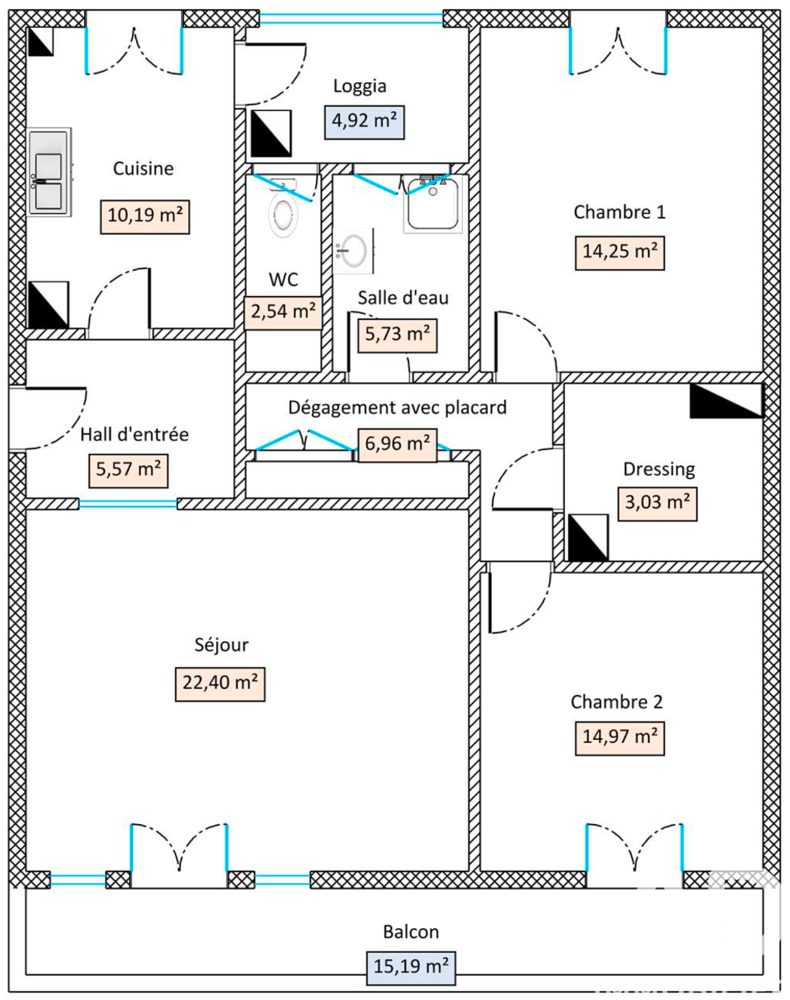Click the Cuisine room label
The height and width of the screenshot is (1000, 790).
[143, 168]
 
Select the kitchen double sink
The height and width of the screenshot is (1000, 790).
[49, 172]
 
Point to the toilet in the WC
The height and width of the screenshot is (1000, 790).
[283, 213]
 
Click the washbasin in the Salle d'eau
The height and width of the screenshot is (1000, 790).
[353, 251]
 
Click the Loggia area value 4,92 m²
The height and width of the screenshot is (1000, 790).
[365, 122]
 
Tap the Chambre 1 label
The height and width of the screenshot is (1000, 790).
[619, 212]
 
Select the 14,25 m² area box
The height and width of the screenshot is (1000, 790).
[619, 252]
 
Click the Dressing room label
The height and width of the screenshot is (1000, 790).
[659, 469]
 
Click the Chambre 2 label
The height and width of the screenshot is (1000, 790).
[616, 702]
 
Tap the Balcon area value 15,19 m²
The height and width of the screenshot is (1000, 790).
[411, 967]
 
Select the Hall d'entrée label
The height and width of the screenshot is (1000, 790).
[134, 434]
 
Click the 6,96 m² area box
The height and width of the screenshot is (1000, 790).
[397, 444]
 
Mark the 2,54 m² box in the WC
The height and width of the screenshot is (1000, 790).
[283, 312]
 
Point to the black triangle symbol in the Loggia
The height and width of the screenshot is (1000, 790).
[270, 134]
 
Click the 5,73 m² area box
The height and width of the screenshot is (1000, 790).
[397, 335]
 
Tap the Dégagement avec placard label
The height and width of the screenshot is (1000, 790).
[397, 408]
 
